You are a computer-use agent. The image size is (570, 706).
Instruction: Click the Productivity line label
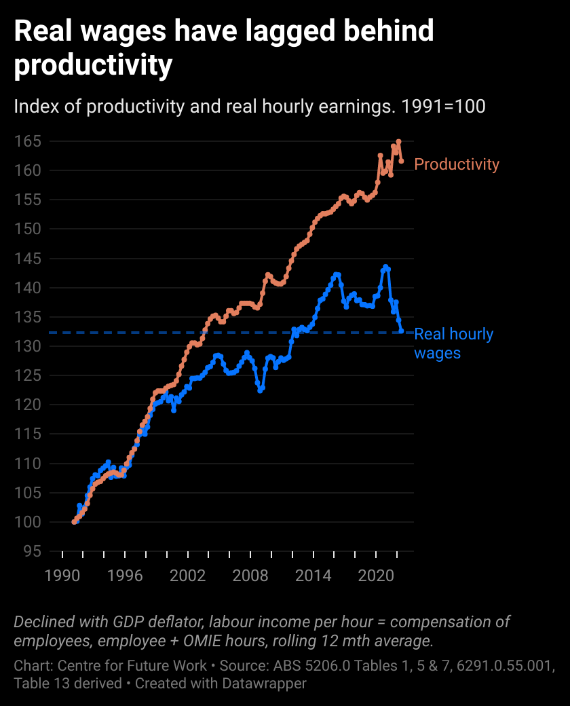pyautogui.click(x=456, y=164)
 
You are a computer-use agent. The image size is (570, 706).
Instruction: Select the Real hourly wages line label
pyautogui.click(x=453, y=343)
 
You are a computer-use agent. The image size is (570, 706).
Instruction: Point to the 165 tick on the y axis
pyautogui.click(x=27, y=141)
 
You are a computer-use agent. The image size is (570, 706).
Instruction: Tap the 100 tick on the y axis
pyautogui.click(x=27, y=522)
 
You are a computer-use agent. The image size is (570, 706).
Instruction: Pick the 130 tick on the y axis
pyautogui.click(x=27, y=346)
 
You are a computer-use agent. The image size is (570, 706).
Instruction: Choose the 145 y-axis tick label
pyautogui.click(x=27, y=259)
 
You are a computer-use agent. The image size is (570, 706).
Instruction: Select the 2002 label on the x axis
pyautogui.click(x=188, y=576)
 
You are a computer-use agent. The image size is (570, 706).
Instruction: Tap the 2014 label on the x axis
pyautogui.click(x=313, y=576)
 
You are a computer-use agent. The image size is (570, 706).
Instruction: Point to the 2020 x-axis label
pyautogui.click(x=377, y=576)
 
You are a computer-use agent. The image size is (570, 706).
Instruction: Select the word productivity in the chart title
pyautogui.click(x=93, y=66)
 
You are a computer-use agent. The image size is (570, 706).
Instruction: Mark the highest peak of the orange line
pyautogui.click(x=399, y=142)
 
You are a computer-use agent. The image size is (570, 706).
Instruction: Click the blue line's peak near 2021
pyautogui.click(x=385, y=267)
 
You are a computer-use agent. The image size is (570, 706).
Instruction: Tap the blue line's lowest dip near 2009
pyautogui.click(x=261, y=390)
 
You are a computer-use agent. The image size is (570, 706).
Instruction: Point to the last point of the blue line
pyautogui.click(x=401, y=331)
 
